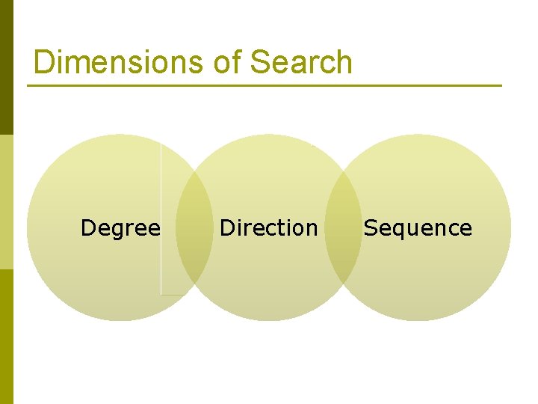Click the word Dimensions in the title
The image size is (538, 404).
[120, 62]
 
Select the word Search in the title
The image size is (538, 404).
[301, 62]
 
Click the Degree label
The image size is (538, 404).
[120, 227]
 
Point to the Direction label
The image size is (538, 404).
[268, 227]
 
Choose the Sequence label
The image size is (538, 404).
[418, 227]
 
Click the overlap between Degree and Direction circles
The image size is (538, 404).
[194, 227]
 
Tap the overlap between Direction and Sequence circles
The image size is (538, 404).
[343, 227]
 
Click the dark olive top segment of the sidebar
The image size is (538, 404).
[6, 67]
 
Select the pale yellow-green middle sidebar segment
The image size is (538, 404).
[6, 202]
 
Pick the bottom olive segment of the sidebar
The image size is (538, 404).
[6, 337]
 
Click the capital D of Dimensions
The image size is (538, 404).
[44, 62]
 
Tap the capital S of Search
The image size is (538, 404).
[259, 62]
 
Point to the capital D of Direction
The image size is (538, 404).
[226, 227]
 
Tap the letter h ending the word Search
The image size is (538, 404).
[344, 62]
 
